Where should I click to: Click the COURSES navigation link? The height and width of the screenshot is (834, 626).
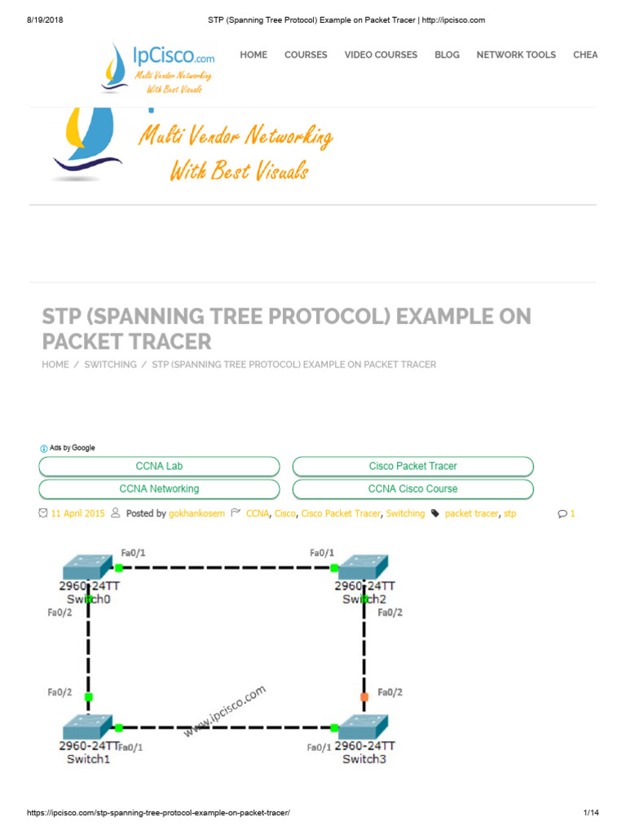pos(306,55)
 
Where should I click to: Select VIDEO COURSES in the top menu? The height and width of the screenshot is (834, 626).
pos(381,55)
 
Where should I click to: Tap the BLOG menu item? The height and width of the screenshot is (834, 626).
pos(447,55)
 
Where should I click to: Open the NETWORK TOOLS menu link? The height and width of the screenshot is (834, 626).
pos(516,55)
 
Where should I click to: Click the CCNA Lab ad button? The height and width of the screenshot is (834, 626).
pos(159,466)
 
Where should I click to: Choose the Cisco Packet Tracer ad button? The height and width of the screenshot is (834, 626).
pos(412,466)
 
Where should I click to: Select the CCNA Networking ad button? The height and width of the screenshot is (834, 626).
pos(159,489)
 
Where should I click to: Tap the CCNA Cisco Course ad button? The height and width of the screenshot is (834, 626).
pos(412,489)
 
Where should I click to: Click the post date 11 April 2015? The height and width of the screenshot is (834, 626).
pos(77,514)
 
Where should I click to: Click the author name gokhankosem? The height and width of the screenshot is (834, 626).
pos(196,514)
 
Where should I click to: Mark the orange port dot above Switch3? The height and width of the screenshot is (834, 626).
pos(364,696)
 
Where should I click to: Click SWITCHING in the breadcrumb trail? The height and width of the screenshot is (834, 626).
pos(110,365)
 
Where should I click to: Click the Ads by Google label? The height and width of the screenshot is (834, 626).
pos(72,448)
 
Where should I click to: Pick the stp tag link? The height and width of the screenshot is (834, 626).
pos(509,514)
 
